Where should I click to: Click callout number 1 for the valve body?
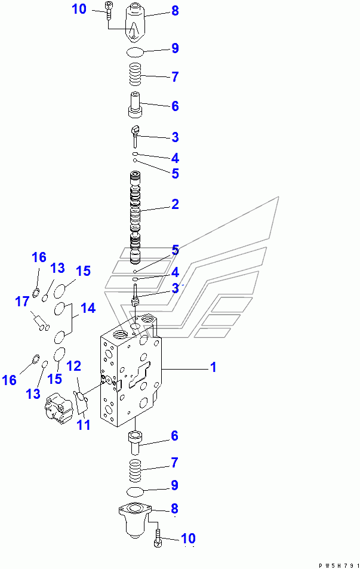pos(212,368)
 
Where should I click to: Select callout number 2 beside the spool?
pos(175,204)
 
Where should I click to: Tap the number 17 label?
pos(22,302)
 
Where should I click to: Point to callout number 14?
pos(88,309)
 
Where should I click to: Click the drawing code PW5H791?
pos(337,564)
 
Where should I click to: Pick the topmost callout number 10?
pos(79,9)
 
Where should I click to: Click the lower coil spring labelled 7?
pos(137,467)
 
